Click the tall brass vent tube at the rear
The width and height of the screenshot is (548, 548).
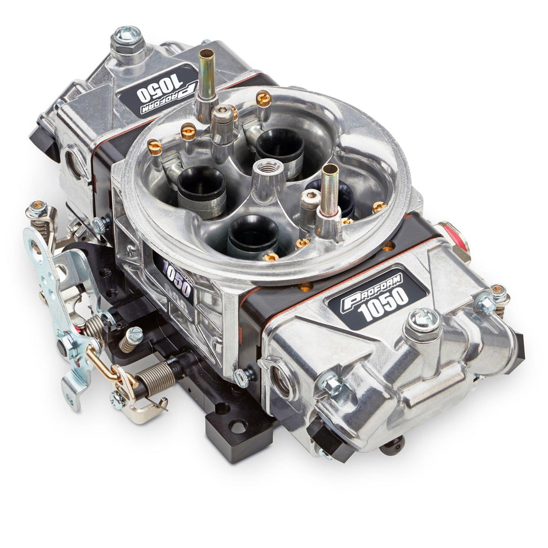point(206,80)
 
